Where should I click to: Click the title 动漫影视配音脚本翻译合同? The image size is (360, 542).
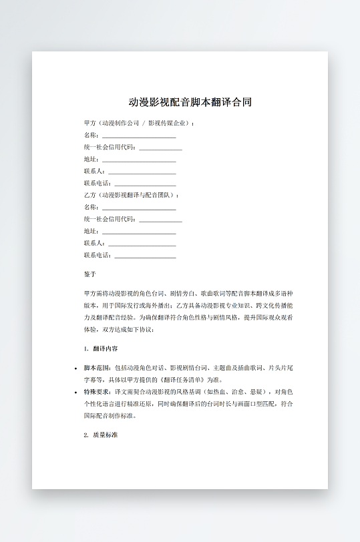[x=190, y=103]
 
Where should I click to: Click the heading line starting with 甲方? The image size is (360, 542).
[x=139, y=123]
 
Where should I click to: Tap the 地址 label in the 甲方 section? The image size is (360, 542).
[x=91, y=160]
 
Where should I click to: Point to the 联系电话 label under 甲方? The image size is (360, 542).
[x=98, y=184]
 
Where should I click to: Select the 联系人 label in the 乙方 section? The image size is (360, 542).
[x=94, y=243]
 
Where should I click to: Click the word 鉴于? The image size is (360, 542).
[x=90, y=274]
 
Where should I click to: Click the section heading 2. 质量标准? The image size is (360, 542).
[x=101, y=435]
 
